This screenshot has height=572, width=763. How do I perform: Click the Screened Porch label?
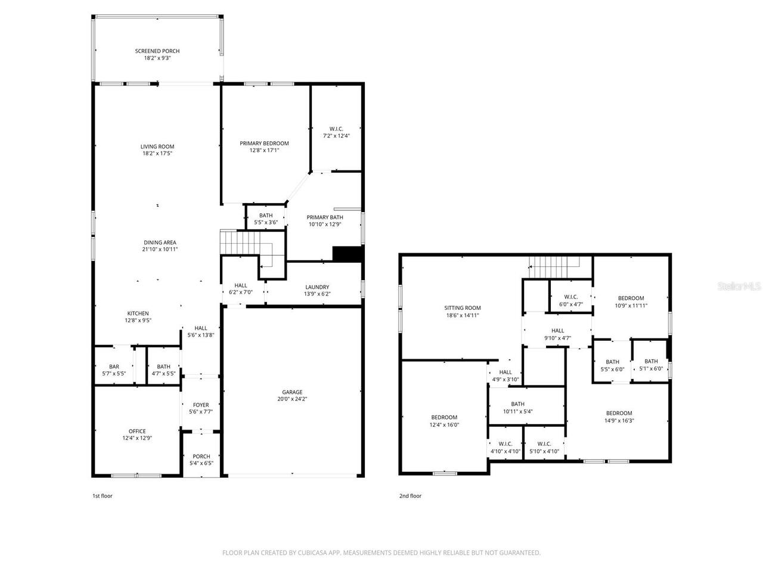[x=157, y=51]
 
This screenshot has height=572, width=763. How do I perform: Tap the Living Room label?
[x=157, y=147]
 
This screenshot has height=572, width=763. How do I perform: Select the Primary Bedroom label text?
[x=264, y=143]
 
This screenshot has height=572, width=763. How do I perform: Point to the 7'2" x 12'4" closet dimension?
[x=336, y=135]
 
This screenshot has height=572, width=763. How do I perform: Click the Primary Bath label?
[x=325, y=217]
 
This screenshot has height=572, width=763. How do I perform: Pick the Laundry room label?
[x=317, y=287]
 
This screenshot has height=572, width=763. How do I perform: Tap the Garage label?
[x=292, y=392]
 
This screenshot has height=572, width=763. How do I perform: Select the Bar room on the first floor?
[x=114, y=367]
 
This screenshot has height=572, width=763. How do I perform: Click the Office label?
[x=137, y=431]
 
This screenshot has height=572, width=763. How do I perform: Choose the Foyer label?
[x=201, y=405]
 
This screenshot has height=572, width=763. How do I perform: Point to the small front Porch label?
[x=201, y=456]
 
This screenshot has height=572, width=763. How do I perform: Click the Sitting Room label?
[x=462, y=308]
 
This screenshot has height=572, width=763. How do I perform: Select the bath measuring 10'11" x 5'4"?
[x=517, y=404]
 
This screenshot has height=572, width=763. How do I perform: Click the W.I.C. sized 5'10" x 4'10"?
[x=544, y=444]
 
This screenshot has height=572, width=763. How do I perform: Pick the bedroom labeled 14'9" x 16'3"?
[x=619, y=414]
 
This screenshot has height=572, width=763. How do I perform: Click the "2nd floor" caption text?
[x=410, y=496]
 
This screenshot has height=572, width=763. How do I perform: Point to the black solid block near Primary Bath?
[x=347, y=254]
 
